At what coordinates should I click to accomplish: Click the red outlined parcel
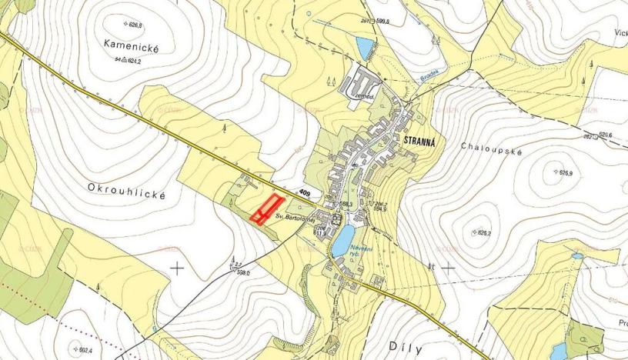[x=266, y=208]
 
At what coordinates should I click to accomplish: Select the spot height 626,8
[x=132, y=25]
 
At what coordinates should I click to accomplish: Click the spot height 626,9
[x=568, y=172]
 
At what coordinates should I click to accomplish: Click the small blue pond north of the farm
[x=362, y=47]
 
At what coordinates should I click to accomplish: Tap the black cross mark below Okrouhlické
[x=177, y=268]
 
